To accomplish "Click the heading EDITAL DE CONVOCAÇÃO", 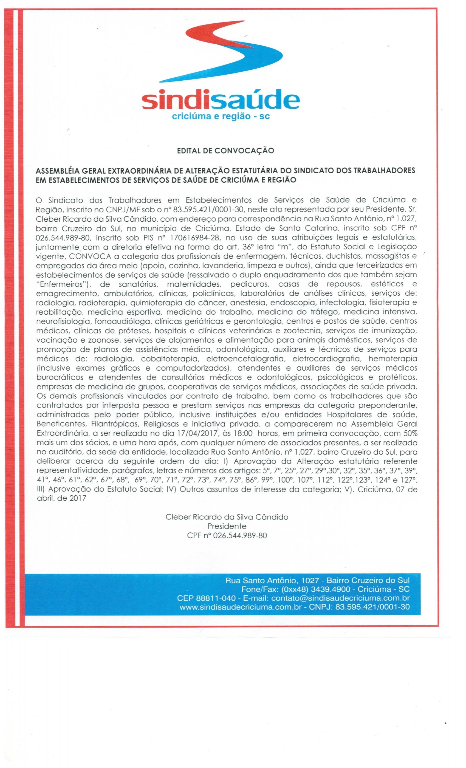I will point(225,151).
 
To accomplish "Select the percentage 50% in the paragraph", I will point(409,434).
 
